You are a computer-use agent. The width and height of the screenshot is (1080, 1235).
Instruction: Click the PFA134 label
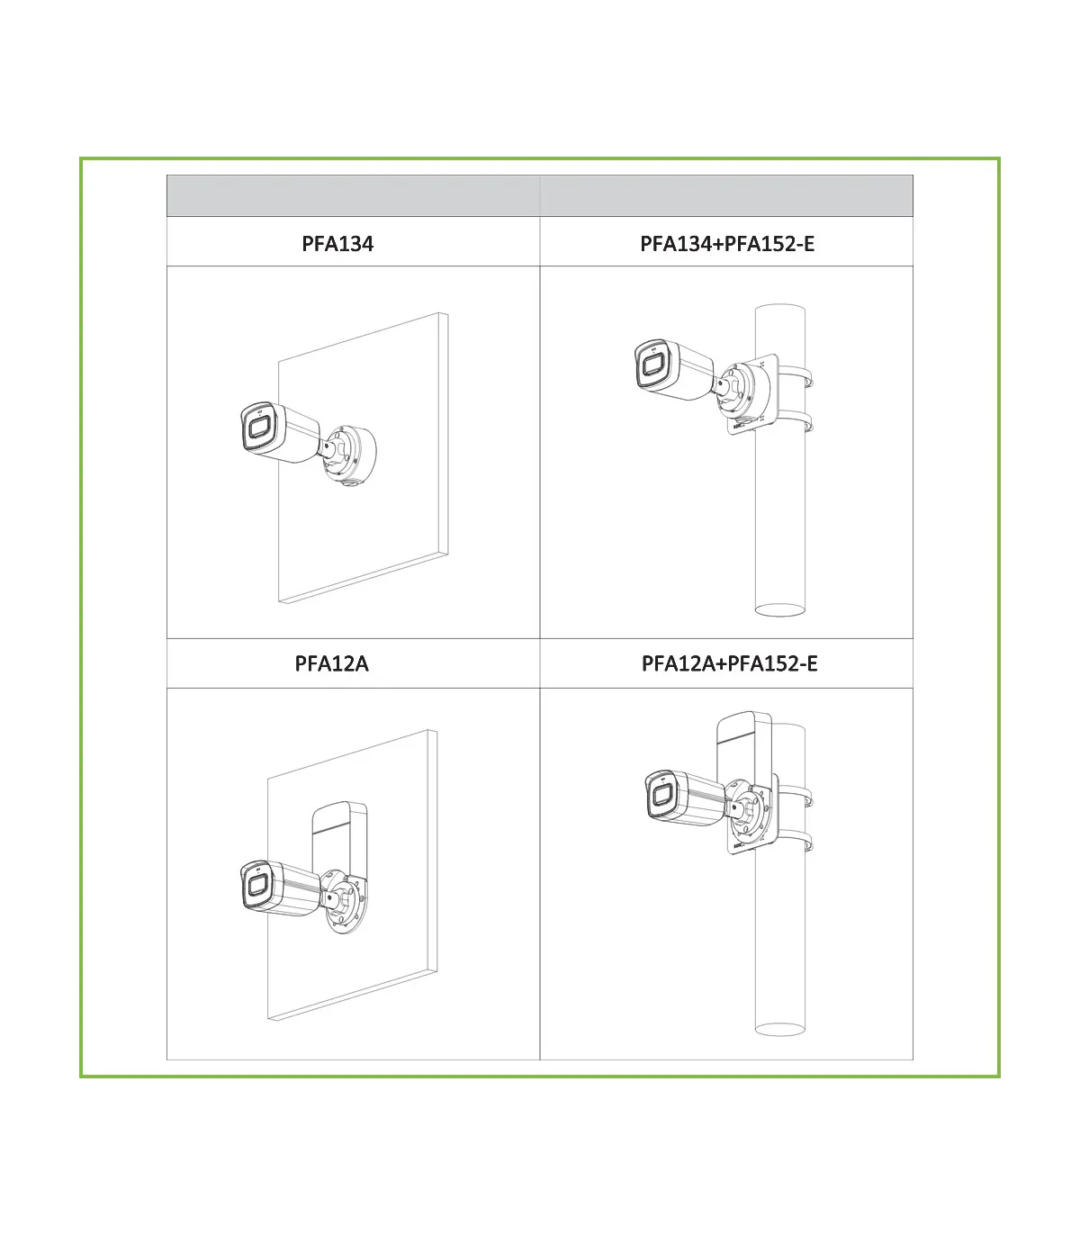[337, 243]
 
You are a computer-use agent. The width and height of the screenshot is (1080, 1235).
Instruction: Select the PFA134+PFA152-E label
[727, 243]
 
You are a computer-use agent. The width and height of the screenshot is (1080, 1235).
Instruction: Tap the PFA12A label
[331, 663]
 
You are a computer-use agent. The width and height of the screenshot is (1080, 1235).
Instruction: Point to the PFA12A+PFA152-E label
[730, 663]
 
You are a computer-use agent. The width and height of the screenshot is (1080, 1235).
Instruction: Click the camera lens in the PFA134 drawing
[258, 428]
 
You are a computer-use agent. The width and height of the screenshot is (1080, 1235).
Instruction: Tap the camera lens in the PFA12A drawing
[257, 886]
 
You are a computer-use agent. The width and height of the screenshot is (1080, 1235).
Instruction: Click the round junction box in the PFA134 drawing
[351, 455]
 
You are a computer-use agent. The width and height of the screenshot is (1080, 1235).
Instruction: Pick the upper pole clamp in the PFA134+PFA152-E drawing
[796, 376]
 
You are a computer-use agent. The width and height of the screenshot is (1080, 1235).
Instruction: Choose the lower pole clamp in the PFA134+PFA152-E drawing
[796, 422]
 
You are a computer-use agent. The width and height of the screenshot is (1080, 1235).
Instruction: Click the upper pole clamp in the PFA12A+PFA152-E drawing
[796, 797]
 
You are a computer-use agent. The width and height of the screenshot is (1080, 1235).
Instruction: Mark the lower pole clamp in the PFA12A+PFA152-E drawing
[796, 842]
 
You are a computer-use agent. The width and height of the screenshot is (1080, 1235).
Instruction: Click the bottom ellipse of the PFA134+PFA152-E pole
[780, 609]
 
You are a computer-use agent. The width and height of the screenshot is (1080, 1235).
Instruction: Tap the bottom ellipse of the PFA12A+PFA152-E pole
[780, 1029]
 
